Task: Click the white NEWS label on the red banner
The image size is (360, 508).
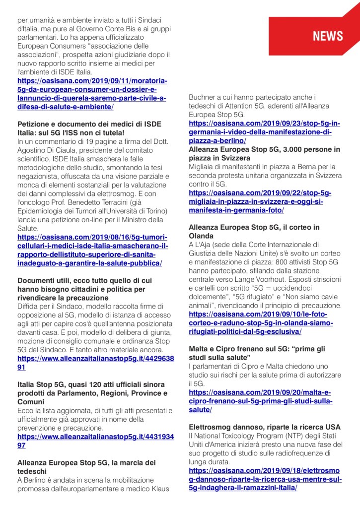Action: click(x=327, y=36)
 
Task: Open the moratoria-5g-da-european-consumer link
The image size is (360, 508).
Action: click(x=92, y=94)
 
